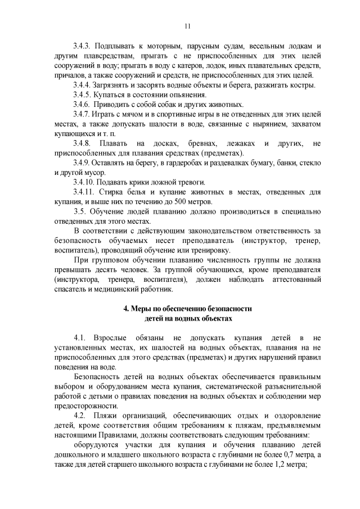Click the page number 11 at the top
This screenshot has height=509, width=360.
[x=187, y=25]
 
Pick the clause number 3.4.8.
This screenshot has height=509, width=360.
[x=83, y=144]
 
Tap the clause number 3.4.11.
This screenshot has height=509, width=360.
[x=85, y=192]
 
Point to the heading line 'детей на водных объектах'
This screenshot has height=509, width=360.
[x=187, y=318]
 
